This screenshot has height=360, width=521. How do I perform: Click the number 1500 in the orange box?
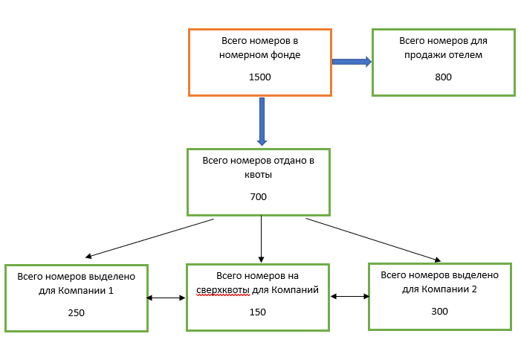260,77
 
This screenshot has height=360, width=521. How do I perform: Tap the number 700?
258,197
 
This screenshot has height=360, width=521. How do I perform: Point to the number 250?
76,312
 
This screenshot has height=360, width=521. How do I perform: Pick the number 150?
258,312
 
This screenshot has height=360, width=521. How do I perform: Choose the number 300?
439,311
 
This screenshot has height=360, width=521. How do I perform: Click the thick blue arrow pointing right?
352,62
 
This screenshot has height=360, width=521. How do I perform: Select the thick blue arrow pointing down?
262,120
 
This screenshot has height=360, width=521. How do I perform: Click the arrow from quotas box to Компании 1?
149,237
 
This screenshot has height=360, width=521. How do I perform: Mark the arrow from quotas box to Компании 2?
372,239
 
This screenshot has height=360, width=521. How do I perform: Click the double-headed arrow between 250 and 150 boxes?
166,298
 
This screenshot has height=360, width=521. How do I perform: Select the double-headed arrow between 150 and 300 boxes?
349,296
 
